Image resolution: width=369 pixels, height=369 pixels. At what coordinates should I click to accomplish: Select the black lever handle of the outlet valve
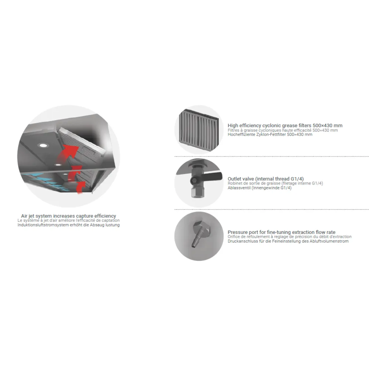tap(212, 177)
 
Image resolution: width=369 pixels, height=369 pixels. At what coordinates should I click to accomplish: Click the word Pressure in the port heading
tap(237, 232)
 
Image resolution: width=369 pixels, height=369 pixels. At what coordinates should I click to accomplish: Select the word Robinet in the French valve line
tap(235, 183)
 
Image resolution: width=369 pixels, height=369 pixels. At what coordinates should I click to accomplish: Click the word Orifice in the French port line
tap(234, 237)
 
